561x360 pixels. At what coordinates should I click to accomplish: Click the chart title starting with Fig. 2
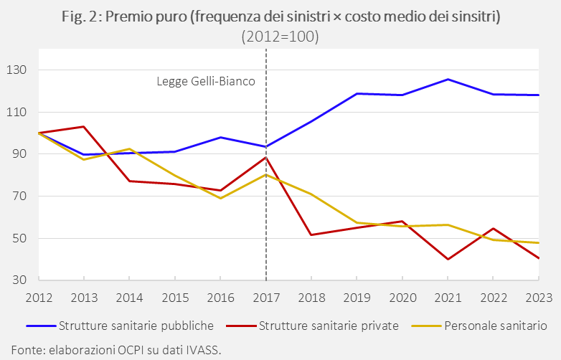pyautogui.click(x=280, y=16)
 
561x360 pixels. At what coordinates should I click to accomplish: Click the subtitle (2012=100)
pyautogui.click(x=280, y=36)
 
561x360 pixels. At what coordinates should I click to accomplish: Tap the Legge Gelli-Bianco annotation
pyautogui.click(x=206, y=81)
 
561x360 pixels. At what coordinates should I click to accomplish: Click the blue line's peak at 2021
pyautogui.click(x=448, y=79)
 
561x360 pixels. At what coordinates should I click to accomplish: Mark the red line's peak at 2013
pyautogui.click(x=84, y=126)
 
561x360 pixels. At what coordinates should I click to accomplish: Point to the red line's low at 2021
pyautogui.click(x=448, y=259)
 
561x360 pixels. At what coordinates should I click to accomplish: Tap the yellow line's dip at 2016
pyautogui.click(x=220, y=198)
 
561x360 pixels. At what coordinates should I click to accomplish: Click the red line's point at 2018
pyautogui.click(x=311, y=235)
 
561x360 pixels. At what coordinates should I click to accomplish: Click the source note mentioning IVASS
pyautogui.click(x=111, y=350)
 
